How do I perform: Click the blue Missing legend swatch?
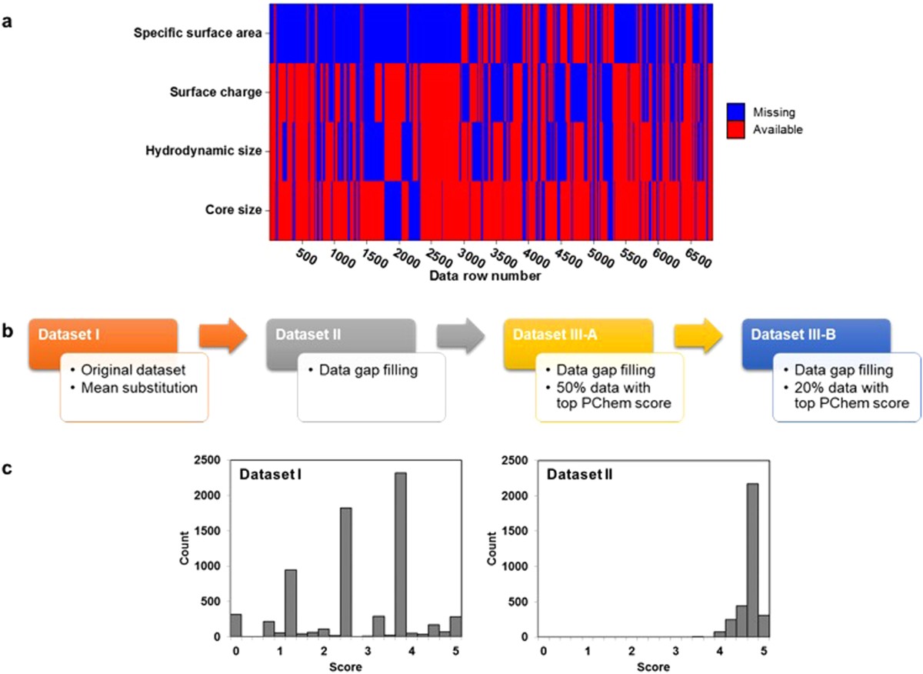pyautogui.click(x=736, y=112)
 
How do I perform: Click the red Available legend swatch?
pyautogui.click(x=736, y=130)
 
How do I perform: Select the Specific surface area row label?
pyautogui.click(x=198, y=33)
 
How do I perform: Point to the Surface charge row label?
pyautogui.click(x=216, y=92)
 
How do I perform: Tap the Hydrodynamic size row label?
pyautogui.click(x=204, y=151)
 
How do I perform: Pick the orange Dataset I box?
pyautogui.click(x=104, y=335)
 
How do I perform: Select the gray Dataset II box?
pyautogui.click(x=342, y=335)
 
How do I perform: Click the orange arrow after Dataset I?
pyautogui.click(x=223, y=335)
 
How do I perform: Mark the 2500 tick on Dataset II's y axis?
pyautogui.click(x=518, y=461)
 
